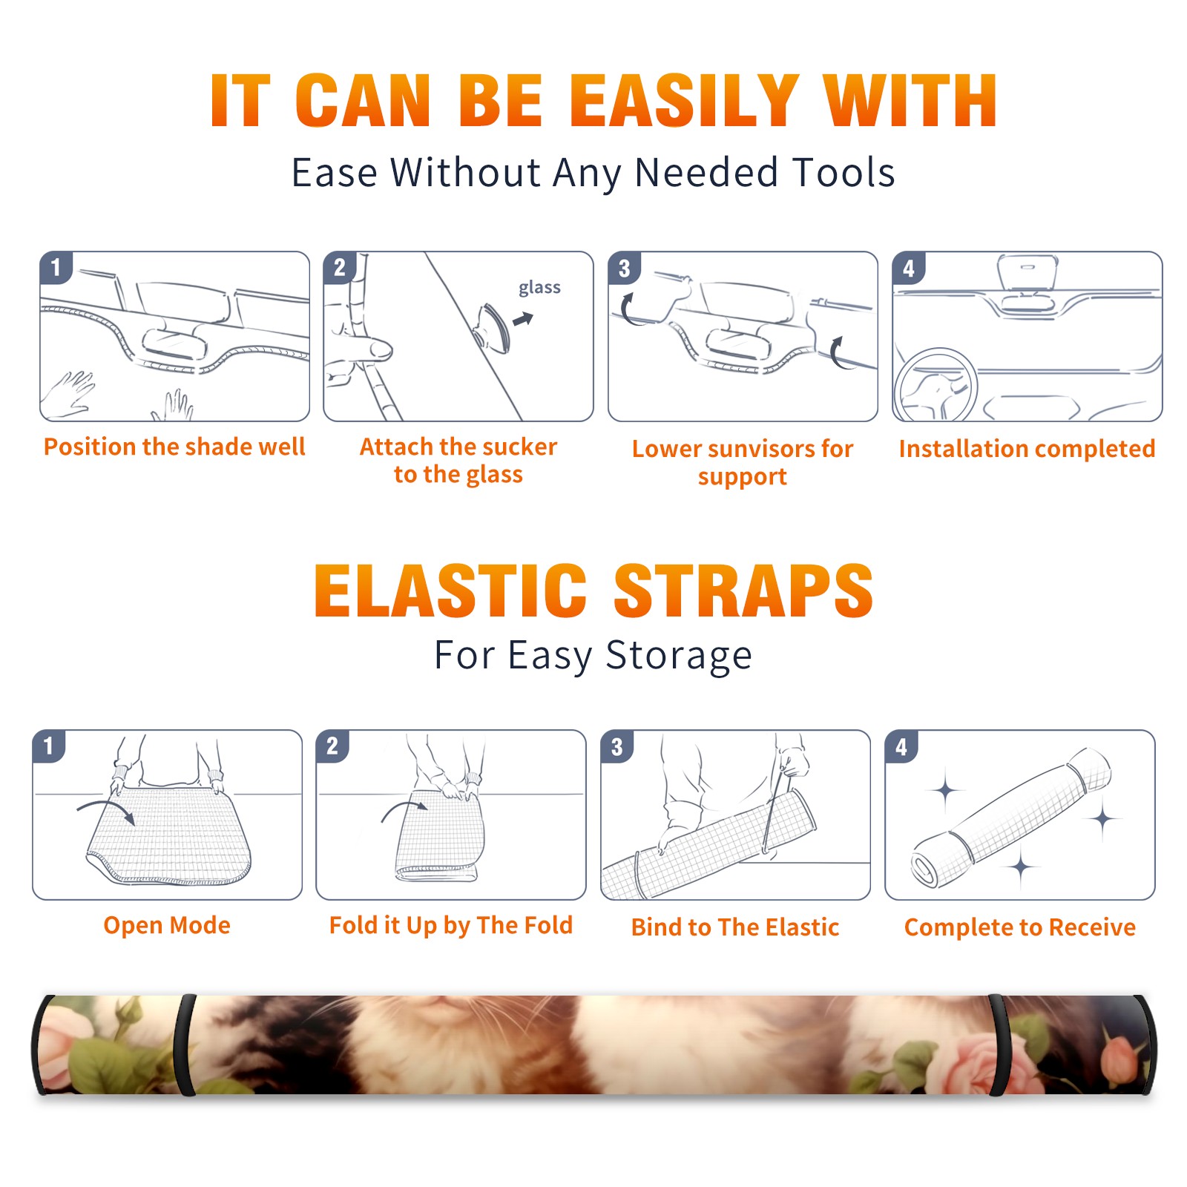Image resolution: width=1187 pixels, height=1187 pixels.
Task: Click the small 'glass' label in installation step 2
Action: [x=539, y=288]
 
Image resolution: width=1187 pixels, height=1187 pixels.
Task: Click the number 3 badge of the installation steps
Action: [x=624, y=269]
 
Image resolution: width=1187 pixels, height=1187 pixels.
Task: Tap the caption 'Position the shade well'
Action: [x=174, y=447]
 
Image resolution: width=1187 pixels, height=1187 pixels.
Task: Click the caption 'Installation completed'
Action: [x=1027, y=449]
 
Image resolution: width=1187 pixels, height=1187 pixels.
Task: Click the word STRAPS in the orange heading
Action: [x=743, y=591]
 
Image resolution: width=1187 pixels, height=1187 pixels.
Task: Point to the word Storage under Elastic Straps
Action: [x=679, y=657]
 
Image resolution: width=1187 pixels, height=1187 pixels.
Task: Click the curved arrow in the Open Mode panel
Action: [x=106, y=809]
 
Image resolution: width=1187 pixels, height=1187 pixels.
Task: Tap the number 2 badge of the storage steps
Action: [x=332, y=746]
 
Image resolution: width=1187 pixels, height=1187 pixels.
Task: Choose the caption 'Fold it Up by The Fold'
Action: [x=451, y=926]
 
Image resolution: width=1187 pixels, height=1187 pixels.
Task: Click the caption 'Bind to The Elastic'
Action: [x=735, y=927]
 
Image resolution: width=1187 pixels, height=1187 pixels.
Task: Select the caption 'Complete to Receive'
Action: [x=1020, y=927]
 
